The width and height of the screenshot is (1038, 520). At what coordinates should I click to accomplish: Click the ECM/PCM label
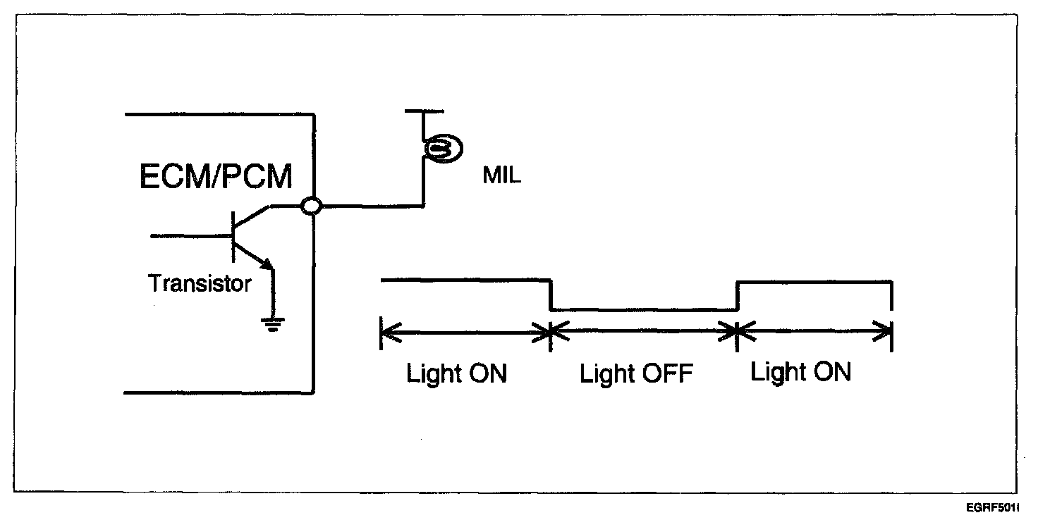point(216,177)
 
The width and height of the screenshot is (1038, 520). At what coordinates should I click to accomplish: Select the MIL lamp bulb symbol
point(441,148)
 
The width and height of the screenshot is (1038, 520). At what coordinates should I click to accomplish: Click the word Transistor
point(200,285)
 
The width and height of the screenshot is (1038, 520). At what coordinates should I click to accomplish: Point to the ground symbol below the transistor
point(273,323)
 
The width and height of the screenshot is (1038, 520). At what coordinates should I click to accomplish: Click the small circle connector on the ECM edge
point(311,206)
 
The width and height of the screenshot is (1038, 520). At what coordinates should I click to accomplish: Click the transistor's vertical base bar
point(234,237)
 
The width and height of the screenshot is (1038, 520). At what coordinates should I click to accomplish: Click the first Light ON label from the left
point(456,373)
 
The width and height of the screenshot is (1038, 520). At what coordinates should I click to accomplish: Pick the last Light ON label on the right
point(800,371)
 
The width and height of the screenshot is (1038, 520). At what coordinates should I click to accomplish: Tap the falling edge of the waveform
point(551,295)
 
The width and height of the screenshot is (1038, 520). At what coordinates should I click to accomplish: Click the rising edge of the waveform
point(737,295)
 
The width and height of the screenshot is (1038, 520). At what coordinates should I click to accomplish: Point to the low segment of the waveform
point(643,309)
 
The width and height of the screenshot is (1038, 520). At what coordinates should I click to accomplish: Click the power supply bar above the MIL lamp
point(425,111)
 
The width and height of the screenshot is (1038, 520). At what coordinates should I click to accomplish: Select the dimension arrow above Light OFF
point(643,330)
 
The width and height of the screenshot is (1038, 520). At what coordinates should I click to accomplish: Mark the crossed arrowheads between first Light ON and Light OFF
point(551,330)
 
